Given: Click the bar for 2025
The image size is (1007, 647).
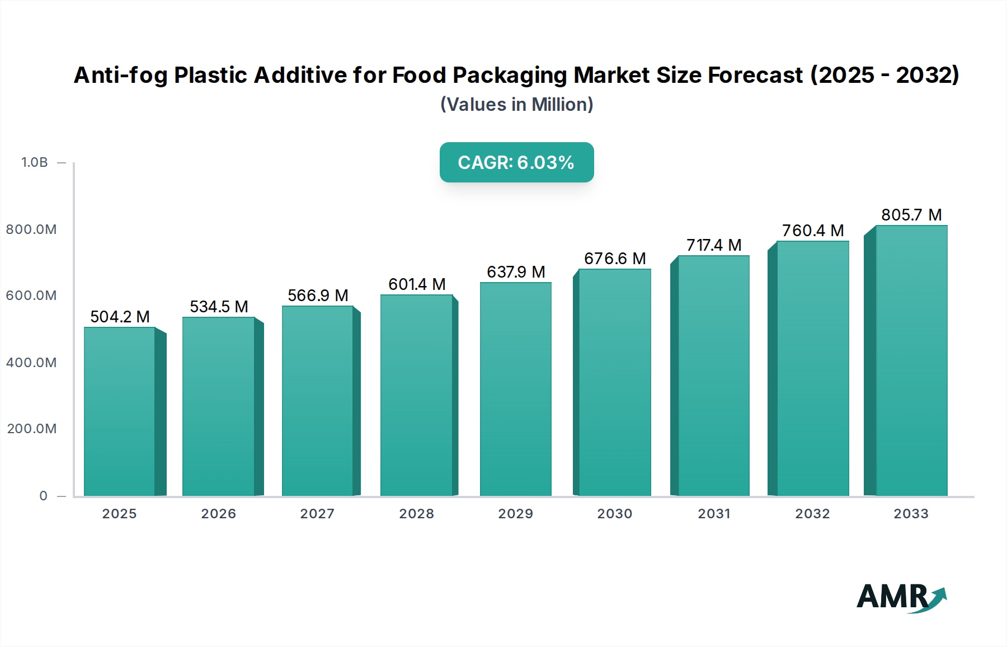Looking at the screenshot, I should pos(119,411).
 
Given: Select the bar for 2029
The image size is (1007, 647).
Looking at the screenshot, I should pos(515,389).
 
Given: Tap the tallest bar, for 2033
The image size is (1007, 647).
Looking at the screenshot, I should pos(911,361).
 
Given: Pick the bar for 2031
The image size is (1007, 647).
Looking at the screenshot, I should pos(713,376).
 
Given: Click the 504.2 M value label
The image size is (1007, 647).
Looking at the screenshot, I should pos(120,317).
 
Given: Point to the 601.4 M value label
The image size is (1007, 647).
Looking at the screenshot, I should pos(417,284).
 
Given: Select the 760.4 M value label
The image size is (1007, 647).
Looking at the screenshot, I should pos(812,231).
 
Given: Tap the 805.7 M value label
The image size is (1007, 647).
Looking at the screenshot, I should pos(911,215).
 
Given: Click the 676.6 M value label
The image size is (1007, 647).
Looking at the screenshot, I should pos(615,259).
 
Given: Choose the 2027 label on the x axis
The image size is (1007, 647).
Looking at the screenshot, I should pos(317,514).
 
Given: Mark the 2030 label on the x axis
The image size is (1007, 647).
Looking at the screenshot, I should pos(614,514).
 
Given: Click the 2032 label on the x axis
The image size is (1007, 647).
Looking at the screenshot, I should pos(812,514).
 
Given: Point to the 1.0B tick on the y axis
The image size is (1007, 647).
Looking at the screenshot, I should pos(35,162).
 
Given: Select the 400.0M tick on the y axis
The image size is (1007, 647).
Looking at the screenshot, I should pos(31,363).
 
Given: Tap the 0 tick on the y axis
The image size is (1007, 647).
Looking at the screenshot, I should pos(43,496).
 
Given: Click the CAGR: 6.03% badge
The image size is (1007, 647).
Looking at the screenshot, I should pos(516,162).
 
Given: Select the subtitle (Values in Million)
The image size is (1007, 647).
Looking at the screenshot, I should pos(516,105).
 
